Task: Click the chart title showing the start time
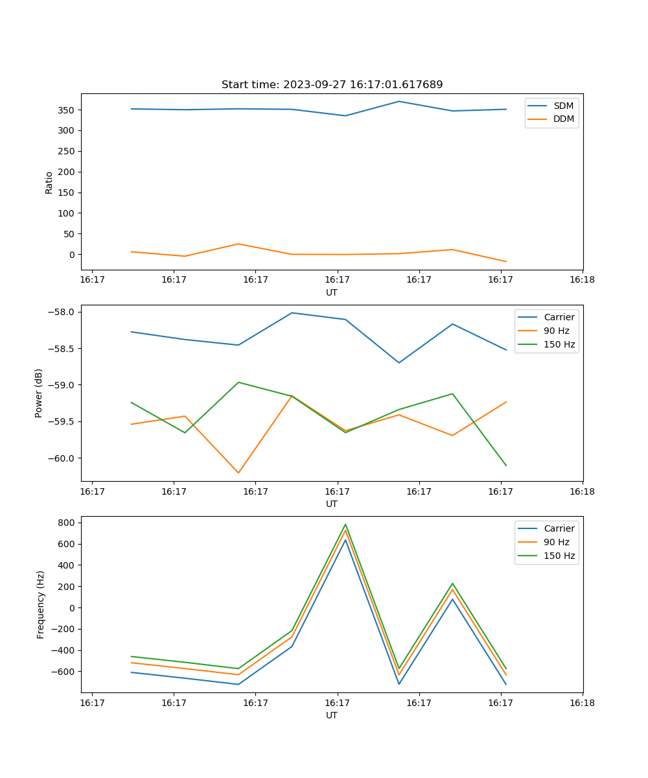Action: tap(332, 85)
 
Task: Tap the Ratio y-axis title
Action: tap(49, 182)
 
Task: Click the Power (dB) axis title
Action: tap(39, 393)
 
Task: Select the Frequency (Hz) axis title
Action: tap(41, 604)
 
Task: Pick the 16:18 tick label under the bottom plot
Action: tap(582, 703)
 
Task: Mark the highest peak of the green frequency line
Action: tap(345, 525)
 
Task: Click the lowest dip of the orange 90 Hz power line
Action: tap(238, 473)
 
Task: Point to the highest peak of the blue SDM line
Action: tap(399, 101)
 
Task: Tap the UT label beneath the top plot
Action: tap(332, 292)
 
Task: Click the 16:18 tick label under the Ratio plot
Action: tap(582, 280)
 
